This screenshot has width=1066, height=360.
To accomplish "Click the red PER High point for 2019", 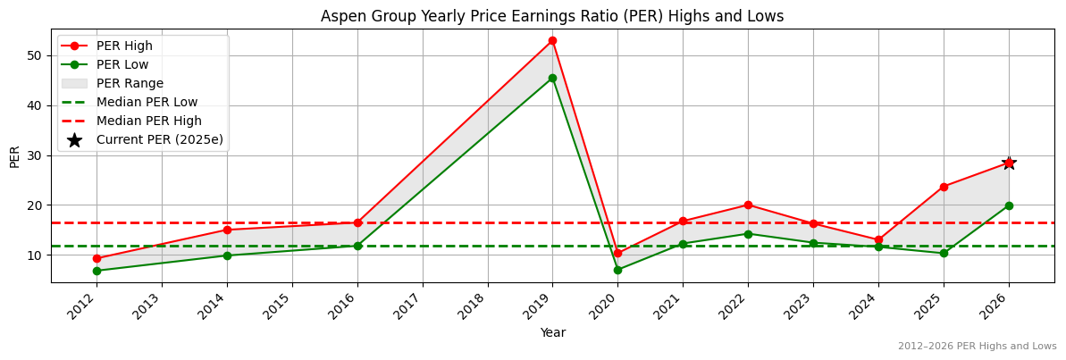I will click(x=552, y=40).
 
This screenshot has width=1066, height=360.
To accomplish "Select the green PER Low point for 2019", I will click(x=552, y=78).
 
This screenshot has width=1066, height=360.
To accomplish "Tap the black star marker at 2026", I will click(x=1009, y=163).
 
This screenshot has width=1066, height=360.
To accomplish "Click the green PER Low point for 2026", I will click(x=1009, y=205).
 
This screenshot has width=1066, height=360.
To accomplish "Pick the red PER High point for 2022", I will click(x=748, y=205).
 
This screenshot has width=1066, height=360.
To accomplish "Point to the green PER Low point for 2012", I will click(x=97, y=271).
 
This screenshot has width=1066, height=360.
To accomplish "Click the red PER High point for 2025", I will click(x=944, y=187).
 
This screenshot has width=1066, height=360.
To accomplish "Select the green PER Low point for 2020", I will click(x=617, y=270).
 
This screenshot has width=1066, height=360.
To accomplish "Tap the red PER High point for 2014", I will click(x=227, y=230).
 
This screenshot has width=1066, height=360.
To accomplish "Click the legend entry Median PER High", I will click(x=148, y=121).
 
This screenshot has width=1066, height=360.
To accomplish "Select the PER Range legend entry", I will click(x=130, y=83).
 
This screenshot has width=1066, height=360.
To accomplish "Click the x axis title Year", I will click(x=552, y=333).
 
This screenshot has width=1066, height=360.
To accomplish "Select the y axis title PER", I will click(x=14, y=155).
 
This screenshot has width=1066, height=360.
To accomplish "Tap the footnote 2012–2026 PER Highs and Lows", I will click(x=977, y=347).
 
